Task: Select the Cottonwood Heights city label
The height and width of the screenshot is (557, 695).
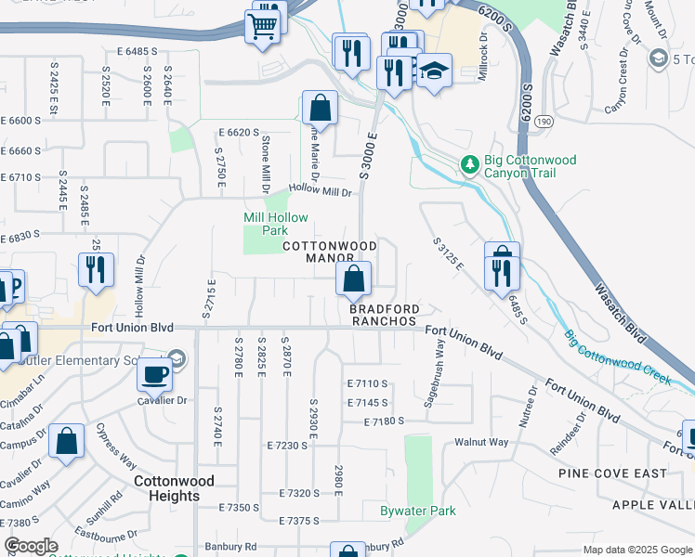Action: tap(174, 488)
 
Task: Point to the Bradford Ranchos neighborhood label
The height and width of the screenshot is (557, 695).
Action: tap(384, 315)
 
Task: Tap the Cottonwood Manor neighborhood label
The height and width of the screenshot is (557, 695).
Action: tap(330, 252)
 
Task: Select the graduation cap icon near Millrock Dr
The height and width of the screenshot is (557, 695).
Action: tap(434, 71)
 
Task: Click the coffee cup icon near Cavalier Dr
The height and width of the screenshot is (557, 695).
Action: tap(154, 375)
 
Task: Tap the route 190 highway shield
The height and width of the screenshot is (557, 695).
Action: tap(543, 122)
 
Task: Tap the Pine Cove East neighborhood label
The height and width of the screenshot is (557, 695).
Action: tap(612, 473)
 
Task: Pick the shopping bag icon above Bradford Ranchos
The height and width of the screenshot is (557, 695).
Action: tap(353, 278)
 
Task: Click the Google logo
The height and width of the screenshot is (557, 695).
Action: tap(31, 547)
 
